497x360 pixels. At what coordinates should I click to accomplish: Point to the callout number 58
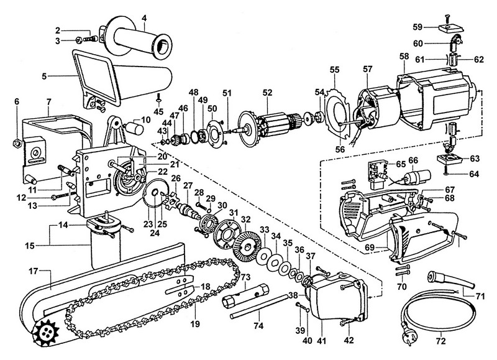point(404,56)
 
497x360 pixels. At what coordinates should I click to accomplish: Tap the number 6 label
point(17,101)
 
